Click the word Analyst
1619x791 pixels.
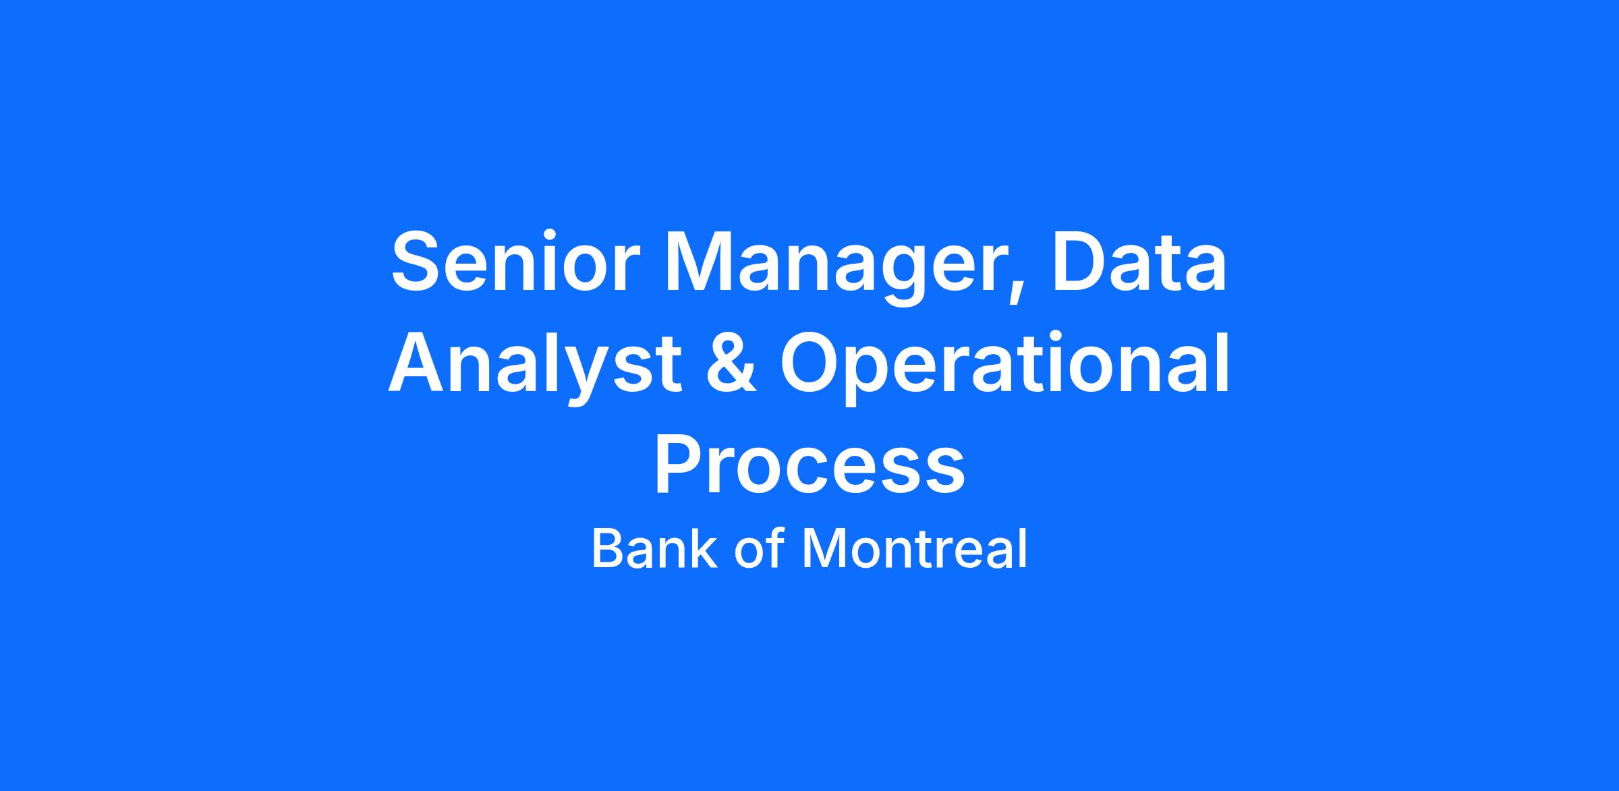coord(534,368)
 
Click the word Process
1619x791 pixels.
coord(809,463)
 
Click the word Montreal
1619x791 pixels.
coord(914,548)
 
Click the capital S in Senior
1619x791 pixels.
coord(416,262)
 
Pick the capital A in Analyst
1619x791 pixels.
coord(419,362)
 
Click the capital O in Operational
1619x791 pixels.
coord(812,363)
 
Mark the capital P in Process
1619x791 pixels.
coord(679,463)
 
